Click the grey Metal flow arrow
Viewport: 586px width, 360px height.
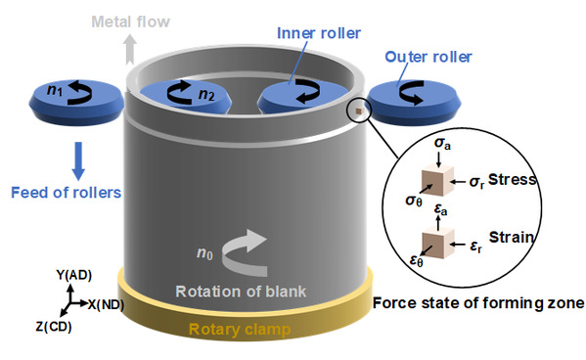(x=130, y=49)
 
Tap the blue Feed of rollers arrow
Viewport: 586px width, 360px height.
(x=78, y=160)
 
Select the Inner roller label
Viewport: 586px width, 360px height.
(x=319, y=33)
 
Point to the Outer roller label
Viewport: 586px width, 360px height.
(x=428, y=57)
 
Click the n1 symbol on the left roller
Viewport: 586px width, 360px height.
(x=55, y=90)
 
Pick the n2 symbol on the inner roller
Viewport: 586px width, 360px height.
(x=206, y=94)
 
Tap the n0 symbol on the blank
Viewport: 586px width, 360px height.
(x=204, y=253)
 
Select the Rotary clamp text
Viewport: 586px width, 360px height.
(x=240, y=330)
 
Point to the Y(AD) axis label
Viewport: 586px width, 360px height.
(x=74, y=275)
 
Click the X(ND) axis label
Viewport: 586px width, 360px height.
(x=106, y=304)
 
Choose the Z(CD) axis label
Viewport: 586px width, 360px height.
(x=54, y=327)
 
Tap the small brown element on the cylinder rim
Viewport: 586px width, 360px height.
(x=359, y=111)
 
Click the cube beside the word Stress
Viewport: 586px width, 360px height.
(x=437, y=181)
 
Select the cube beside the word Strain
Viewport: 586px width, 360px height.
(x=438, y=243)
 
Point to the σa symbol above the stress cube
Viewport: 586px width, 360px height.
(x=442, y=144)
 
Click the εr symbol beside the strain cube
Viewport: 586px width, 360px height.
(x=476, y=247)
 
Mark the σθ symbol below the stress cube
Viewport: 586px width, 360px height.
(x=414, y=201)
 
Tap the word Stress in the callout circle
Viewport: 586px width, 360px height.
(x=512, y=179)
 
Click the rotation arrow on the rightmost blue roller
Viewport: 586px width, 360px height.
(x=412, y=92)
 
